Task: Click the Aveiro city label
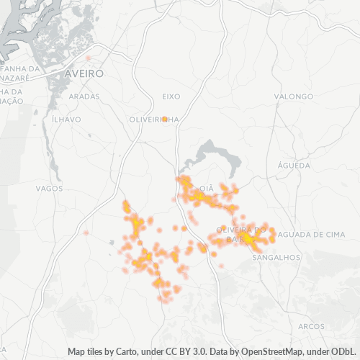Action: point(84,73)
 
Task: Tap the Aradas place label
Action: point(85,96)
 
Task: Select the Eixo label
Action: point(171,96)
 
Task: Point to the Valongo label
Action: point(294,96)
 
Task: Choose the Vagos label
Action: point(50,188)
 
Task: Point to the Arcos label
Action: point(311,326)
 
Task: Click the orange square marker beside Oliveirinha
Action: point(165,119)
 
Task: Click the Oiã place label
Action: point(206,188)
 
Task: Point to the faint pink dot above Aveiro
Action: point(89,58)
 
